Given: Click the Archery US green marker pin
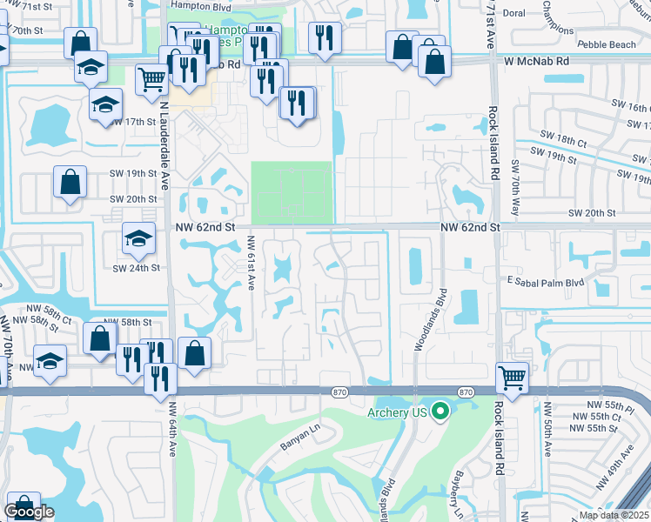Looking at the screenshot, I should click(x=440, y=412).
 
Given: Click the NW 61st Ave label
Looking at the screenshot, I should click(x=250, y=264).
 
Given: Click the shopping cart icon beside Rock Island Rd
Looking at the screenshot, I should click(x=513, y=378).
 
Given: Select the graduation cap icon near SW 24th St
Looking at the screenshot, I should click(x=139, y=237).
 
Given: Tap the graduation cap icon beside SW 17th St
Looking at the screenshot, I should click(x=105, y=105).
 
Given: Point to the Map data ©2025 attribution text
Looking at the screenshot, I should click(x=613, y=515).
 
